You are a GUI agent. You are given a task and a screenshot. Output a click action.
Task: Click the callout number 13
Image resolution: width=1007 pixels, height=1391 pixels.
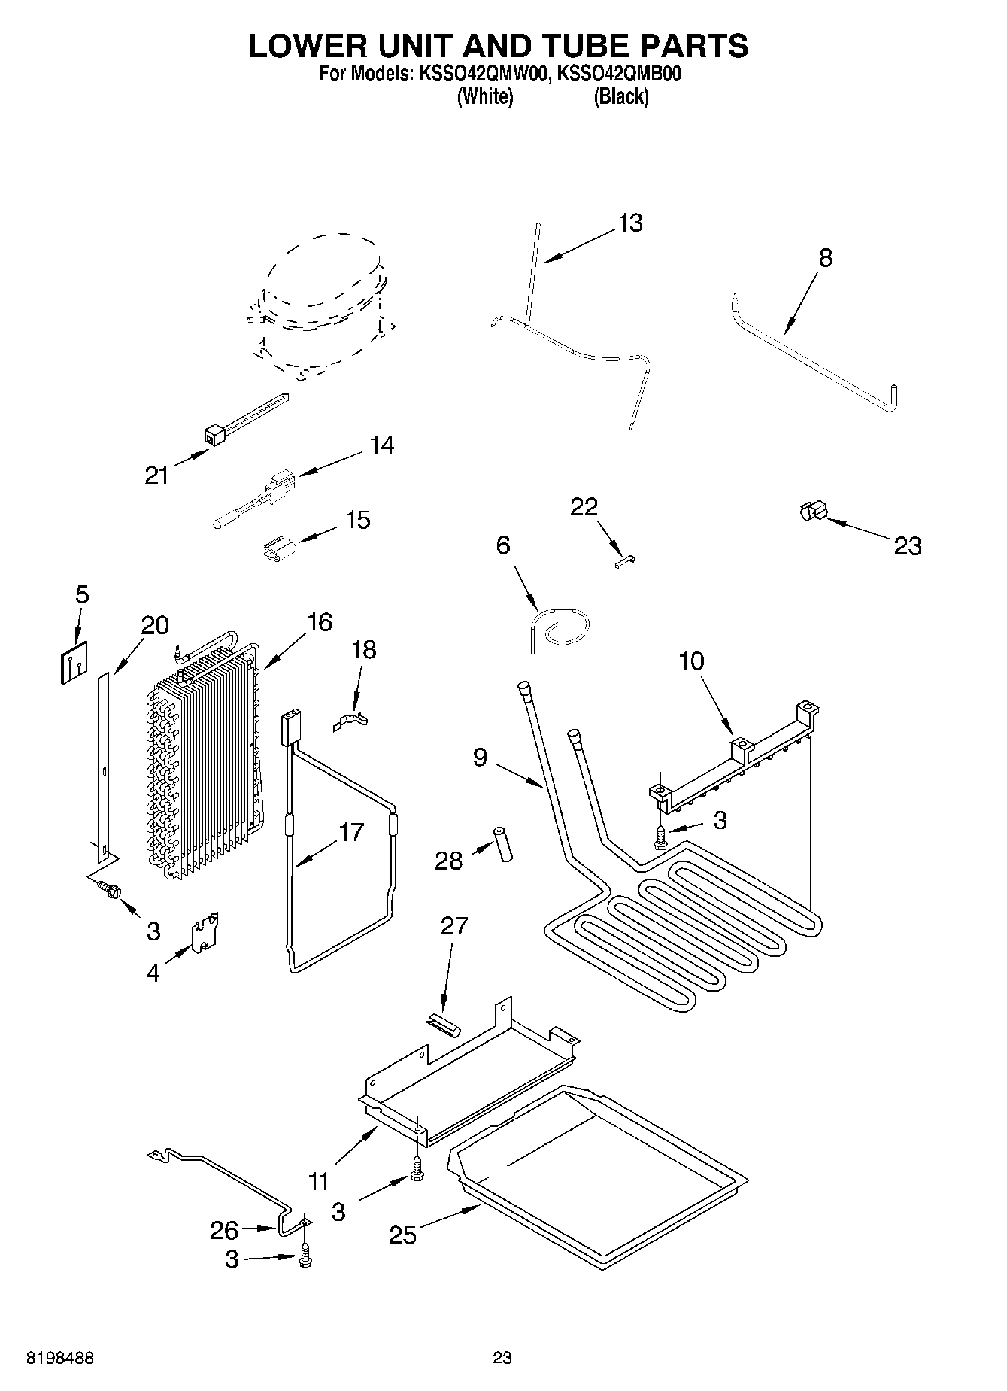pyautogui.click(x=630, y=223)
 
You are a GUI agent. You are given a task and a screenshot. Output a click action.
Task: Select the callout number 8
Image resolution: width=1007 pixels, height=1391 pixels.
pyautogui.click(x=825, y=258)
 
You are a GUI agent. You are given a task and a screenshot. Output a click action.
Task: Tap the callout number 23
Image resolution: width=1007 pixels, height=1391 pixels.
pyautogui.click(x=907, y=545)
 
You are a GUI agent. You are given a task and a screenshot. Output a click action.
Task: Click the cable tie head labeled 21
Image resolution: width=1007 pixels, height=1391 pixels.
pyautogui.click(x=213, y=434)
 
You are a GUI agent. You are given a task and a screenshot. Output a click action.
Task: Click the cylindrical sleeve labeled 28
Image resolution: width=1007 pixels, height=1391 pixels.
pyautogui.click(x=502, y=844)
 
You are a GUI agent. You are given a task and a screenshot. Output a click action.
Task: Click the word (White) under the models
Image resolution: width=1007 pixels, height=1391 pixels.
pyautogui.click(x=485, y=97)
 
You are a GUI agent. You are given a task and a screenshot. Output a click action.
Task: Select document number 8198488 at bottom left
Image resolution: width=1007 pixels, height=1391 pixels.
pyautogui.click(x=59, y=1359)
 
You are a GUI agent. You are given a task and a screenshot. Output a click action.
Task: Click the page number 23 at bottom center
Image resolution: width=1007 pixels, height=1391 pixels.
pyautogui.click(x=502, y=1359)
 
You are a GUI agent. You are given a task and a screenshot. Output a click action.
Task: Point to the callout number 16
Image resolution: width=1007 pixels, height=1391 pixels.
pyautogui.click(x=320, y=622)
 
